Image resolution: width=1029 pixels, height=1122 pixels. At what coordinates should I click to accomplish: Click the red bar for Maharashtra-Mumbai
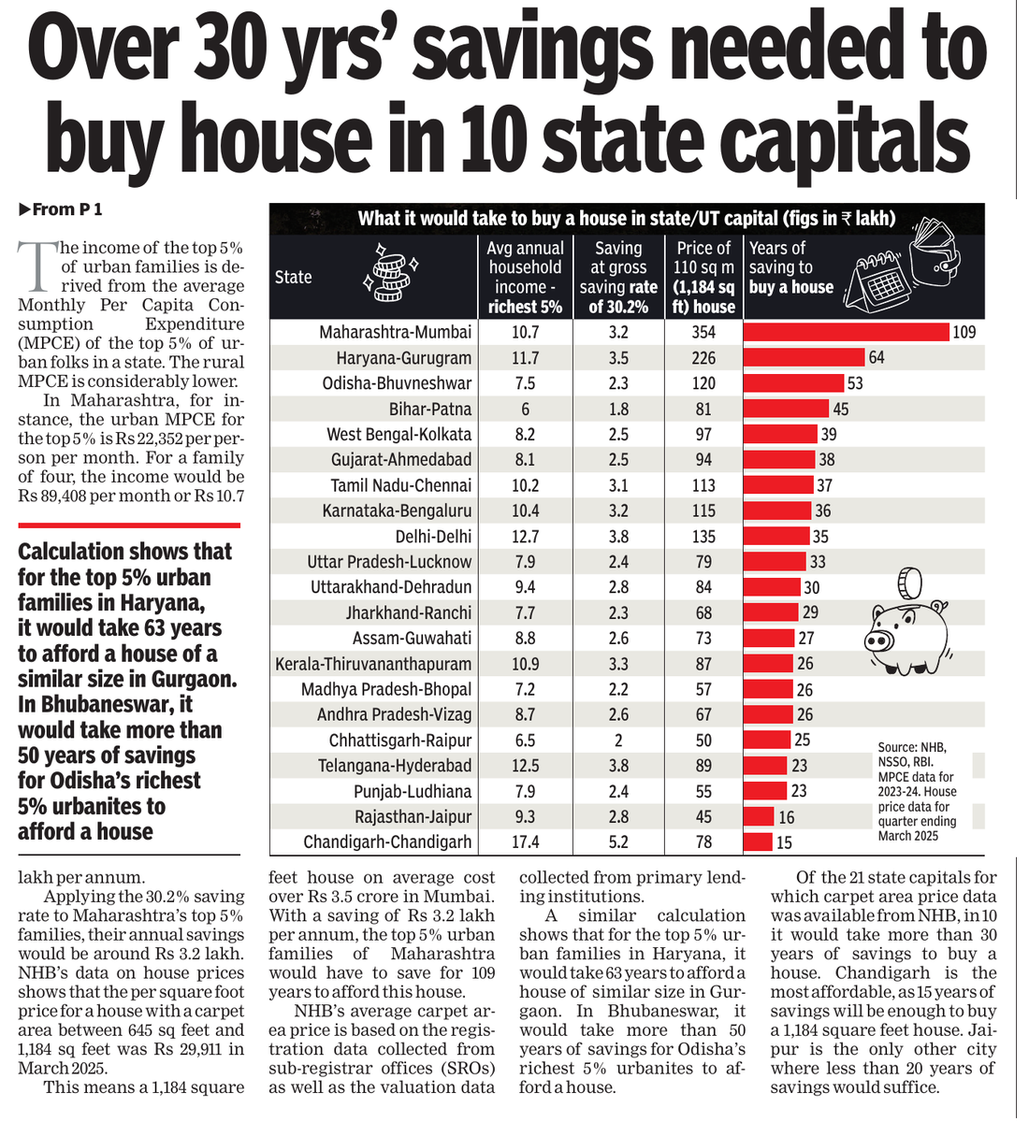tap(846, 332)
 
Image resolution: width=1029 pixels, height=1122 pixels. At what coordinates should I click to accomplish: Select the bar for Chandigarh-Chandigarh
tap(758, 841)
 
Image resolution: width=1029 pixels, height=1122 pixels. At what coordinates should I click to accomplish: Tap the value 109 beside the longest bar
tap(964, 332)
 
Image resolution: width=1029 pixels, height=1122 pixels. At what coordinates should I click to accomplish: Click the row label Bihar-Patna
tap(430, 409)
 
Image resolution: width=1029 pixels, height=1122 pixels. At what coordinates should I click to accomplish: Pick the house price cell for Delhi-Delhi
tap(703, 537)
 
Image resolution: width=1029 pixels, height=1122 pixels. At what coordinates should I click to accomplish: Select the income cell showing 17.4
tap(525, 841)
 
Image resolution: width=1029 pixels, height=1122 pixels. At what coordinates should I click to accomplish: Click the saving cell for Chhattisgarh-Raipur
tap(618, 740)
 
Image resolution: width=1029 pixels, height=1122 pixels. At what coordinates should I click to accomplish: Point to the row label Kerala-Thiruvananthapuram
tap(373, 664)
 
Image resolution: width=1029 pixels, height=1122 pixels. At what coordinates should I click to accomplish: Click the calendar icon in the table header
tap(876, 283)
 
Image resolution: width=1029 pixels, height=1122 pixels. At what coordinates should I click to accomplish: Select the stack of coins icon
tap(390, 272)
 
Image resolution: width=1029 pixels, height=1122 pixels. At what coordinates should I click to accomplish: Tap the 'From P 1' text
tap(61, 209)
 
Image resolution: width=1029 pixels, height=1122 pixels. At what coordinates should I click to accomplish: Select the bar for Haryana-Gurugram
tap(804, 357)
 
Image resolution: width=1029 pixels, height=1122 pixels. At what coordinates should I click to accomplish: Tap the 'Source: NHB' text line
tap(911, 747)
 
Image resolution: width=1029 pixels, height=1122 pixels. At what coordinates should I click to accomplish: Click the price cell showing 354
tap(703, 332)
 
